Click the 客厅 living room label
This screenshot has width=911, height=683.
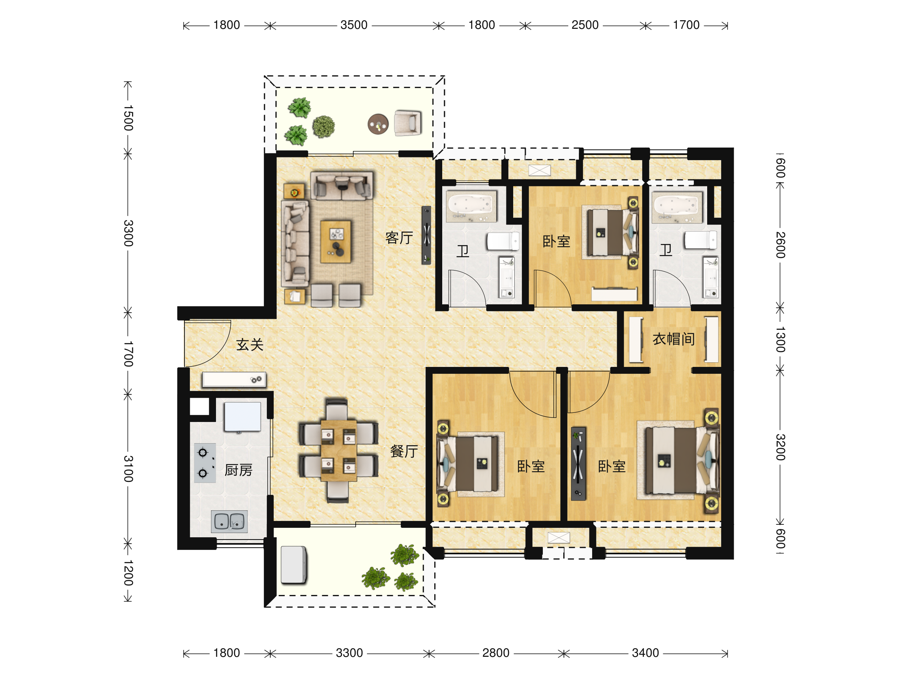tap(399, 238)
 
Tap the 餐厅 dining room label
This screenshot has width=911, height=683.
tap(403, 451)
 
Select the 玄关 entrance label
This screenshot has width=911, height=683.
tap(250, 345)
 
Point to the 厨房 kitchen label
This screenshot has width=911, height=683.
tap(238, 470)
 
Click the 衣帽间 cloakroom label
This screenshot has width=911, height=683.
tap(674, 339)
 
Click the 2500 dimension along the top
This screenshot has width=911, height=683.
tap(585, 25)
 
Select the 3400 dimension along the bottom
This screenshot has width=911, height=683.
tap(645, 653)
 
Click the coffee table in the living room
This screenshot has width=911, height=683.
tap(336, 242)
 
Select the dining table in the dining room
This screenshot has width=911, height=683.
tap(339, 450)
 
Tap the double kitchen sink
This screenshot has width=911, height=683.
tap(229, 522)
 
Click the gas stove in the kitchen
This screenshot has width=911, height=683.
tap(205, 463)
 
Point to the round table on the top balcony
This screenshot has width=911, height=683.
tap(378, 124)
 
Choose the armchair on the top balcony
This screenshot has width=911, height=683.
tap(408, 123)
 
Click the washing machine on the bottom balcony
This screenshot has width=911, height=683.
tap(294, 565)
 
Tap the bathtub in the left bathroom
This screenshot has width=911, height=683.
tap(471, 206)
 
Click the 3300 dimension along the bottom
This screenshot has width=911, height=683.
tap(349, 653)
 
